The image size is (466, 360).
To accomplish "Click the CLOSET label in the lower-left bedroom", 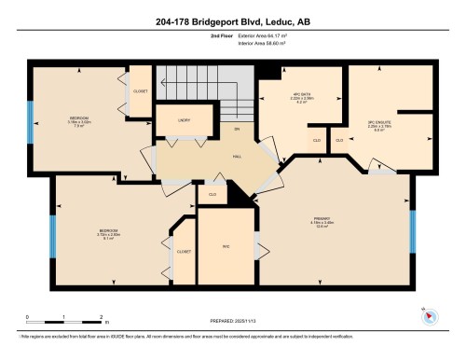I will pyautogui.click(x=184, y=252).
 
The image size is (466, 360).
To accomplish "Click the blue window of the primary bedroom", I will pyautogui.click(x=413, y=230).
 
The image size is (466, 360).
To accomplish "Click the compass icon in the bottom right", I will pyautogui.click(x=430, y=315).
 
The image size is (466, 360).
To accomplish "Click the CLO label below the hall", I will pyautogui.click(x=212, y=194).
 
